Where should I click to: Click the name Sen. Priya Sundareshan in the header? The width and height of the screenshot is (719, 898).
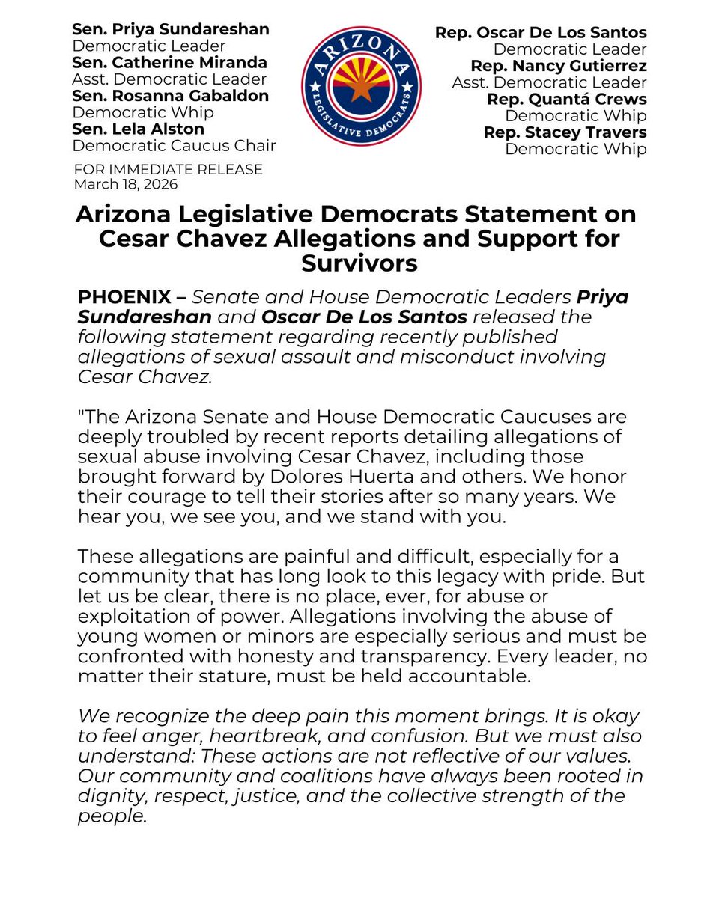click(x=170, y=30)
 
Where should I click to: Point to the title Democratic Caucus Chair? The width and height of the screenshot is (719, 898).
click(x=174, y=145)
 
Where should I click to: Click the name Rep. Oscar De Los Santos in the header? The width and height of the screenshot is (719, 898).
click(x=540, y=33)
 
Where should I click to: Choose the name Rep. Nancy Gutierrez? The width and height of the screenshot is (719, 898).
click(x=558, y=66)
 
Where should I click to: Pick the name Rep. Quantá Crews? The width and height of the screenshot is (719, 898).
click(x=566, y=99)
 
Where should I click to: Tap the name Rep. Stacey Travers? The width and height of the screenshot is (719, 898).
click(x=565, y=132)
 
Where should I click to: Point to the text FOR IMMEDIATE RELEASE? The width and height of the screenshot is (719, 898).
click(x=168, y=170)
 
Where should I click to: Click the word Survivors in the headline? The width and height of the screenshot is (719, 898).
click(x=359, y=263)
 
